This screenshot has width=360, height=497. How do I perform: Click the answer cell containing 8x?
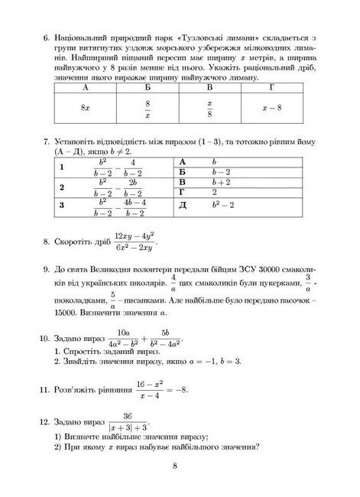pyautogui.click(x=86, y=109)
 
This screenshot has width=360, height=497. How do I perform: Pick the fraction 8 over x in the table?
pyautogui.click(x=148, y=109)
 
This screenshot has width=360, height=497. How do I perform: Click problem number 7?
pyautogui.click(x=47, y=142)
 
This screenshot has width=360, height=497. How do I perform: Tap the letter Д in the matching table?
pyautogui.click(x=183, y=205)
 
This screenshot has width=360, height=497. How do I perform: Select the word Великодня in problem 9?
pyautogui.click(x=128, y=271)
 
